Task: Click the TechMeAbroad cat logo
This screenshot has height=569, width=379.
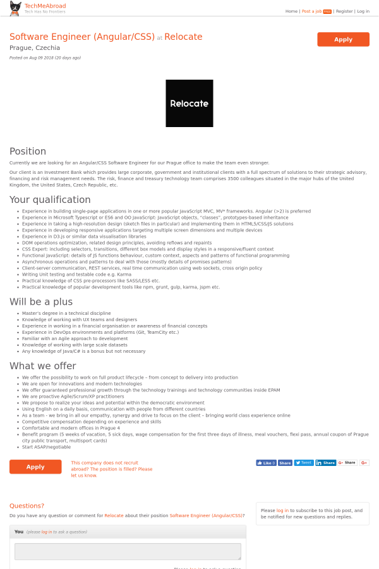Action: click(x=15, y=8)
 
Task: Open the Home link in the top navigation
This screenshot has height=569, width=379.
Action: click(x=291, y=11)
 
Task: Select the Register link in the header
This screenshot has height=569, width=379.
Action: click(x=344, y=11)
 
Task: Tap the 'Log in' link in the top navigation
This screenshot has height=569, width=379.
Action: click(x=363, y=11)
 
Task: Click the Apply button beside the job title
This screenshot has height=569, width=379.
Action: click(x=343, y=39)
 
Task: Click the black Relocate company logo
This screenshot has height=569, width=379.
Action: click(x=189, y=103)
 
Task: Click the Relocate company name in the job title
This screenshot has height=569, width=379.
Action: click(x=183, y=37)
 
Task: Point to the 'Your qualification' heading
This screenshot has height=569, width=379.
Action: click(x=50, y=200)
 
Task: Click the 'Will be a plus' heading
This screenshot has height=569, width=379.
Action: click(x=41, y=302)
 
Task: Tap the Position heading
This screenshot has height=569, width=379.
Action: click(x=28, y=151)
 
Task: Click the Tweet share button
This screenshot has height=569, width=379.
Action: click(x=304, y=463)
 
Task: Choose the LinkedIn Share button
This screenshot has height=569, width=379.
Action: click(x=326, y=463)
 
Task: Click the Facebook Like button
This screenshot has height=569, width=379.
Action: click(x=266, y=463)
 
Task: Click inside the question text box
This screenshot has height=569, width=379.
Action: click(x=128, y=551)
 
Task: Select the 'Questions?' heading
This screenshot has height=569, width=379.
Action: click(x=27, y=506)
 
